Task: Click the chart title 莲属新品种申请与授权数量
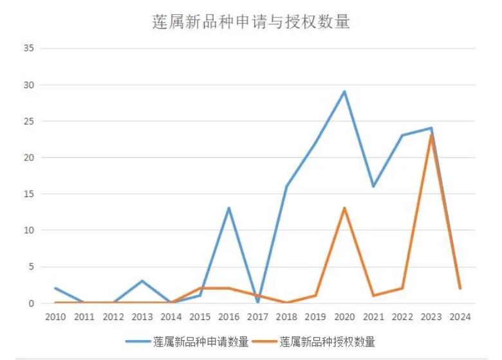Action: tap(251, 21)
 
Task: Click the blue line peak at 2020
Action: tap(344, 91)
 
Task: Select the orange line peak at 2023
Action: tap(431, 135)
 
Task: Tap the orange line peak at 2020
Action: tap(344, 208)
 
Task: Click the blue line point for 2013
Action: tap(142, 281)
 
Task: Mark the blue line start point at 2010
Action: tap(56, 288)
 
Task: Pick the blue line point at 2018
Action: tap(286, 186)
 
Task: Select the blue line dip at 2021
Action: tap(373, 186)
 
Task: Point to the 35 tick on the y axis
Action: tap(29, 48)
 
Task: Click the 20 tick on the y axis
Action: tap(29, 157)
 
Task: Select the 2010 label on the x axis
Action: tap(56, 316)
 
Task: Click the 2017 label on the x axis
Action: tap(258, 316)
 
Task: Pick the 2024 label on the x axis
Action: tap(460, 316)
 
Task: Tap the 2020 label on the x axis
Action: tap(344, 316)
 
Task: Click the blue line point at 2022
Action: tap(402, 135)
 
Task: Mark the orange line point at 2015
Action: tap(200, 289)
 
